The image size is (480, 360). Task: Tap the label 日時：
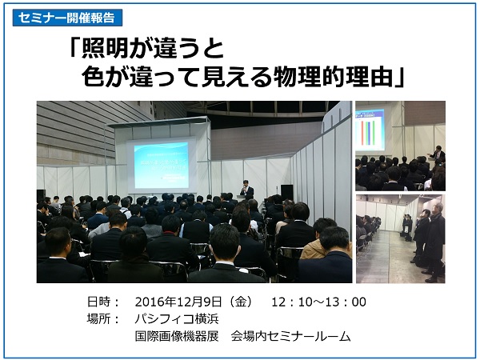pos(103,302)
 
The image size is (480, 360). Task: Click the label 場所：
pos(103,319)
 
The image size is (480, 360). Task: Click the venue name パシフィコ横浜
pos(175,319)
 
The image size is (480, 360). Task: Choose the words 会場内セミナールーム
pos(291,336)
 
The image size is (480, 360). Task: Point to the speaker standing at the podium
pos(247,190)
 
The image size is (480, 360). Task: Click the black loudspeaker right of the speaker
pos(286,192)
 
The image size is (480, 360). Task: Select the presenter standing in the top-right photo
pos(437,156)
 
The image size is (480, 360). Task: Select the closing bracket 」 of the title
pos(400,78)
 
